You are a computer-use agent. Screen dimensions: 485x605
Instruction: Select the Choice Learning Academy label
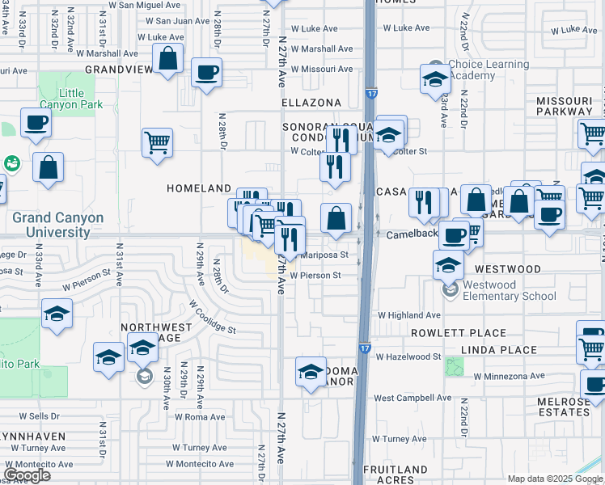click(x=489, y=70)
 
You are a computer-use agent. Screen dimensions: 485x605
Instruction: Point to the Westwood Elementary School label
click(x=510, y=290)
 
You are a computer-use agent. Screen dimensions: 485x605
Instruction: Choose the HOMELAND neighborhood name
click(x=199, y=188)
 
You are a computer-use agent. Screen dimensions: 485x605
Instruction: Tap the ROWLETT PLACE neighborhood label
click(x=458, y=333)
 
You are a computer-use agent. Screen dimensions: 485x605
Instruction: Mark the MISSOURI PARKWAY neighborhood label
click(x=565, y=105)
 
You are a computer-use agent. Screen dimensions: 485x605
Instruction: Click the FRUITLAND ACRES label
click(x=396, y=474)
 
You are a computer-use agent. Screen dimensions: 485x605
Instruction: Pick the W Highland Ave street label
click(x=408, y=315)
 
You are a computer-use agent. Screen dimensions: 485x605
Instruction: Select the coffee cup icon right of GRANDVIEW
click(x=206, y=72)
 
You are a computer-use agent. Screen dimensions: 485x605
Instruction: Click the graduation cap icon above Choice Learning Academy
click(x=435, y=78)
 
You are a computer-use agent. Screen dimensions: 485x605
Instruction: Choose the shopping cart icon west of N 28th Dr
click(x=157, y=142)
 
